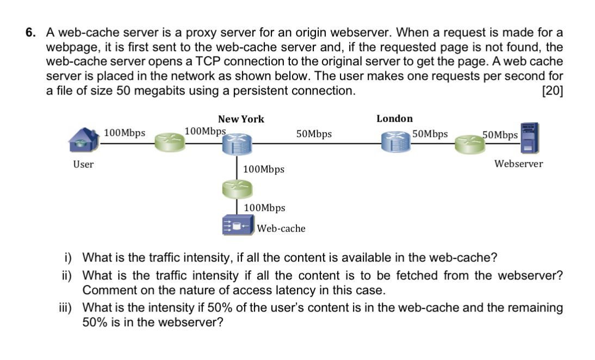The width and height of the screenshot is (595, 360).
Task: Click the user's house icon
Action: (84, 140)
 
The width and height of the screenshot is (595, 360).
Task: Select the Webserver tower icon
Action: (530, 138)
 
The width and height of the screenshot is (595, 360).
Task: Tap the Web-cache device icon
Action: (238, 225)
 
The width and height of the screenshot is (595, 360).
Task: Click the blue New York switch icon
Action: (237, 144)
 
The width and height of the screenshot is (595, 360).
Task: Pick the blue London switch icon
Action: (396, 142)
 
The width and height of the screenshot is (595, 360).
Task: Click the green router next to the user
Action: (170, 142)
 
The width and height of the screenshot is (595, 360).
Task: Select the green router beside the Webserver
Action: (470, 145)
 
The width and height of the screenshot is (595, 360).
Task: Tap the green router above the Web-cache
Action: (237, 189)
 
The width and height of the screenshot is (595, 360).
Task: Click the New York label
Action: (241, 119)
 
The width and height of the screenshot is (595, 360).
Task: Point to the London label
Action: (395, 119)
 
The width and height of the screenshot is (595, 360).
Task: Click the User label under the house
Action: (83, 164)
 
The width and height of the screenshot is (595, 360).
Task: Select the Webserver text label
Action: (518, 164)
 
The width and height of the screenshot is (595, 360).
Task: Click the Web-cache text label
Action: (281, 228)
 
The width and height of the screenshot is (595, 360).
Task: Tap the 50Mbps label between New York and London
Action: (314, 134)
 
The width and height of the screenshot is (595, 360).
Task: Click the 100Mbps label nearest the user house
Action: (125, 133)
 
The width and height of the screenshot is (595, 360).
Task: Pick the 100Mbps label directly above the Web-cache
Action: (264, 208)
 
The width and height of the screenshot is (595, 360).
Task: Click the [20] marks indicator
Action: (553, 91)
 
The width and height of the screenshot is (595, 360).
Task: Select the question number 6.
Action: (31, 32)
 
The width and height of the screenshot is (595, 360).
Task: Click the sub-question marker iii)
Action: (65, 307)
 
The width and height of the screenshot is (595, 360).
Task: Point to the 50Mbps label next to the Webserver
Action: (500, 135)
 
